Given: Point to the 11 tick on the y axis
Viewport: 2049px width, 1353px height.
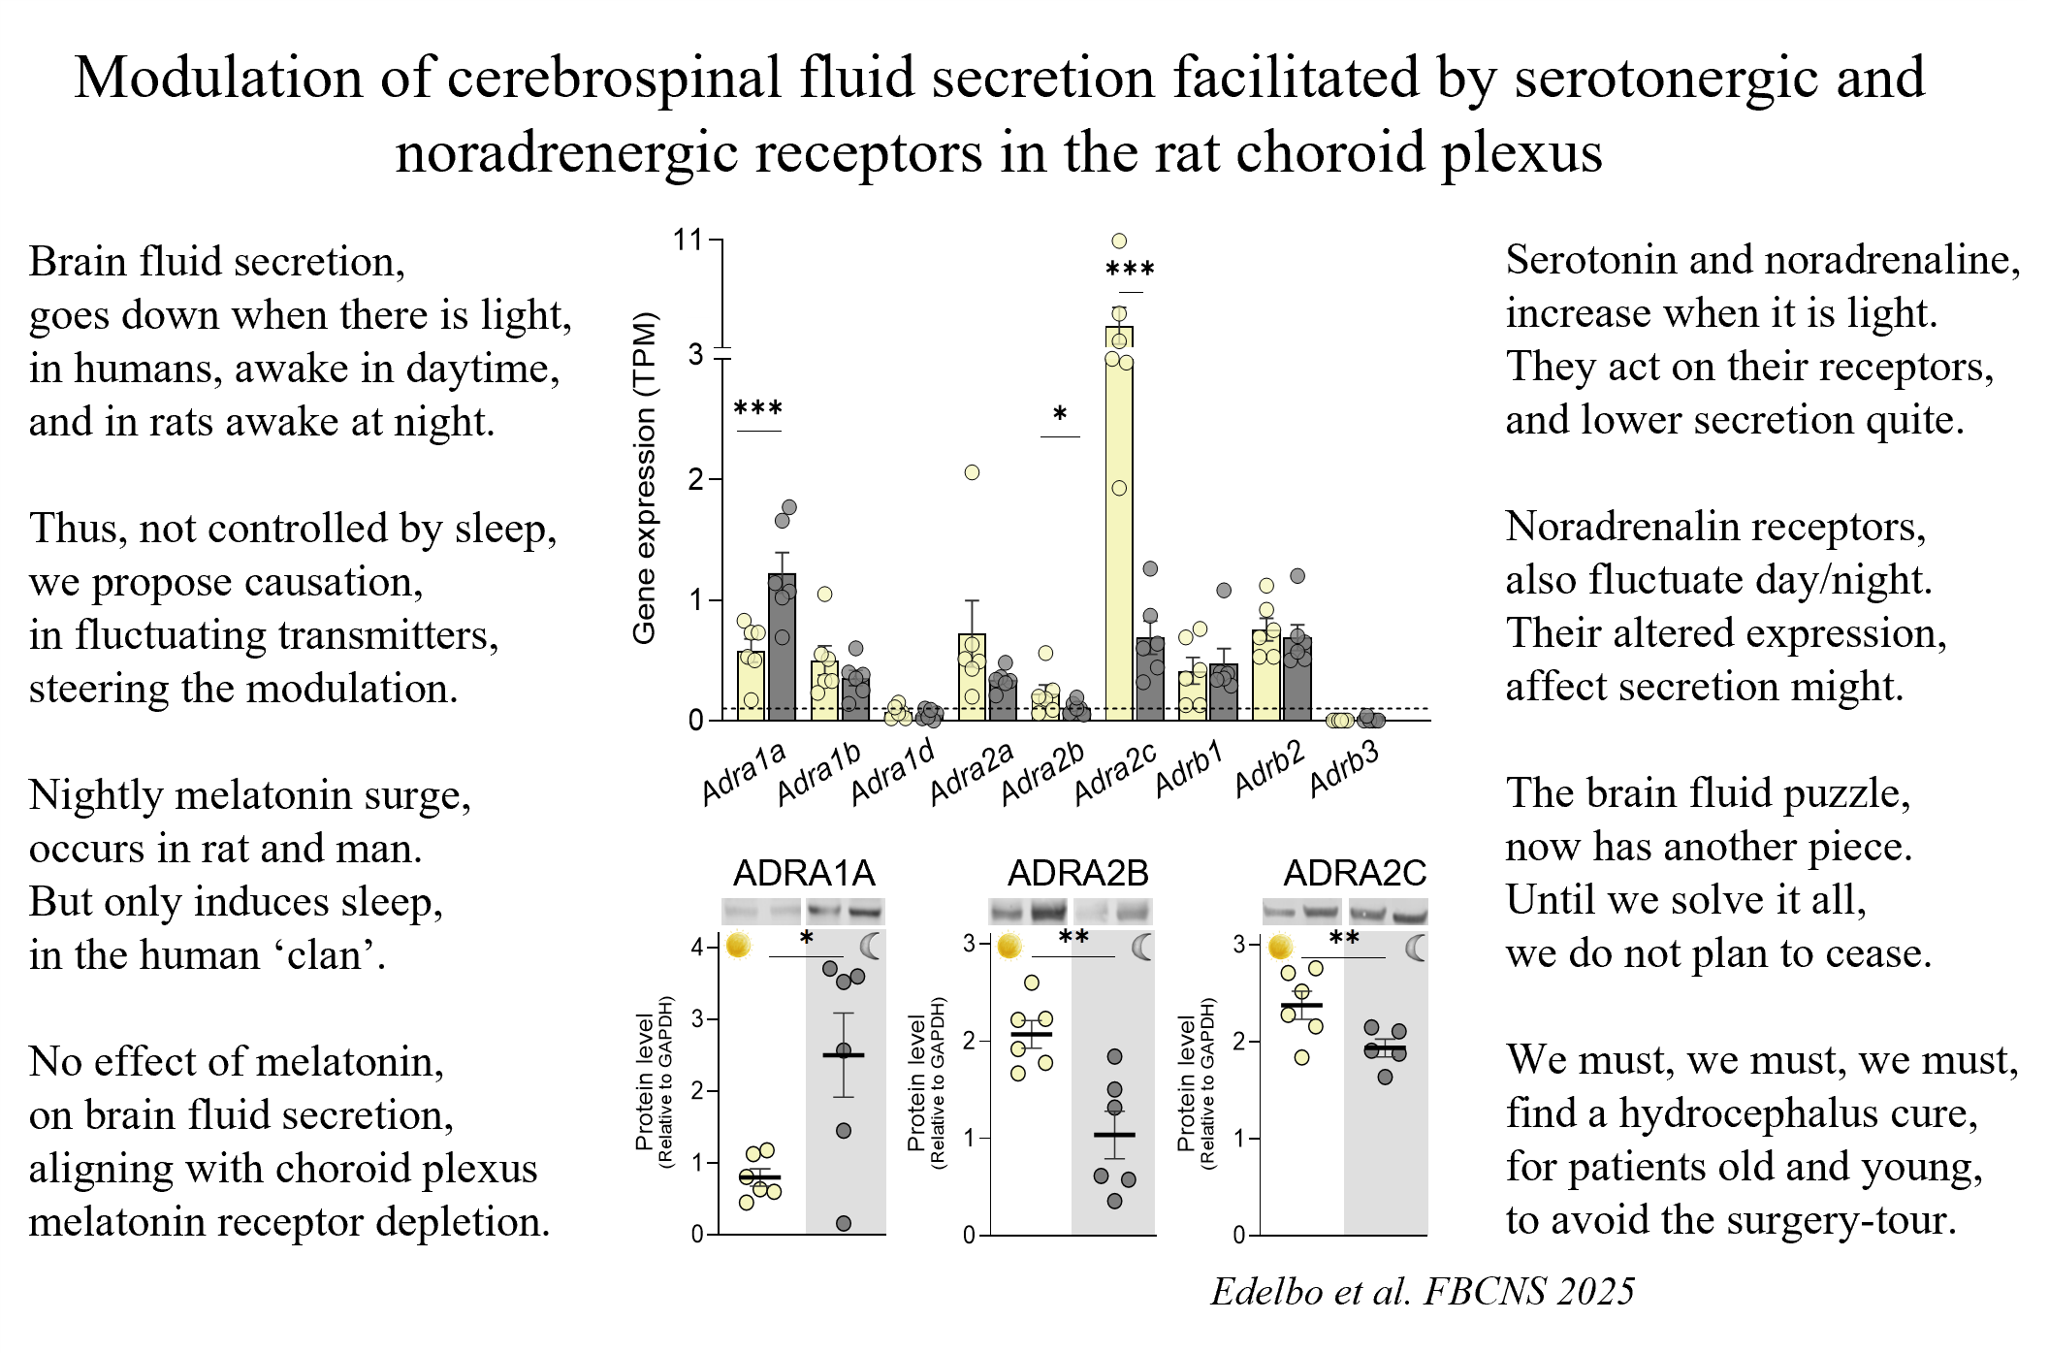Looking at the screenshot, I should (x=688, y=240).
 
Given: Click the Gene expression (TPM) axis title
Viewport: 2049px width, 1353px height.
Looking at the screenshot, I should (x=645, y=477).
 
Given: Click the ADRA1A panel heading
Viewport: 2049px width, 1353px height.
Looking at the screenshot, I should (x=804, y=873).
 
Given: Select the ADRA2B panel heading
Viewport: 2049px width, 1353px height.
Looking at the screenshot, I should (x=1077, y=873).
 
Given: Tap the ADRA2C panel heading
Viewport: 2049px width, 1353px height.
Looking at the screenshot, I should (x=1355, y=873).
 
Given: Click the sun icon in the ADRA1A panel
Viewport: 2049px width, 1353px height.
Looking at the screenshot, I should (x=738, y=945).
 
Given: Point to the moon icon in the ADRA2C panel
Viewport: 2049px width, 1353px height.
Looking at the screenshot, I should (x=1417, y=948).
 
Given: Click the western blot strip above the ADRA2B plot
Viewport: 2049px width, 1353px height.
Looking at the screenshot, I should (x=1071, y=911).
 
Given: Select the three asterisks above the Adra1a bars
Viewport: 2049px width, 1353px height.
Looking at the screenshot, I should (x=758, y=408).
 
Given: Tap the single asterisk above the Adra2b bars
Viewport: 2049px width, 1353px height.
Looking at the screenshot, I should (x=1060, y=415).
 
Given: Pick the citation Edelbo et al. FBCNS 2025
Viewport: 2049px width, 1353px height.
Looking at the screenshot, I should (x=1423, y=1291).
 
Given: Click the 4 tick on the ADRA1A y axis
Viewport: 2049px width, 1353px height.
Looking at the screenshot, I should (x=697, y=947).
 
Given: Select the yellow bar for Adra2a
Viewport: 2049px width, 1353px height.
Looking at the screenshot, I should (x=972, y=677).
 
